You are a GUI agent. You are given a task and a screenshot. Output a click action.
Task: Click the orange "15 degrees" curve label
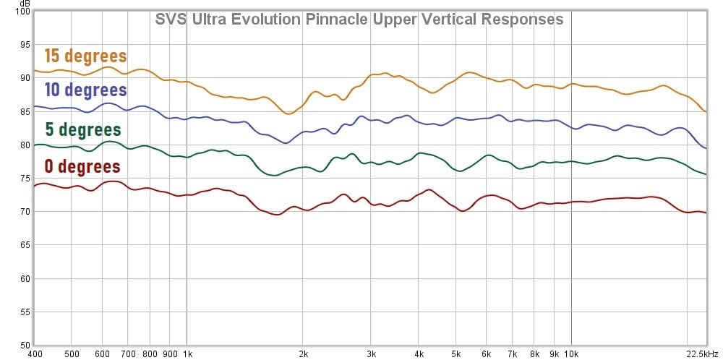pyautogui.click(x=85, y=56)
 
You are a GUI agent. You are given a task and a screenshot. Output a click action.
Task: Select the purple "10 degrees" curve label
pyautogui.click(x=85, y=90)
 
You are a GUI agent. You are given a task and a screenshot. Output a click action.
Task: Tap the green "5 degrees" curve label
pyautogui.click(x=82, y=130)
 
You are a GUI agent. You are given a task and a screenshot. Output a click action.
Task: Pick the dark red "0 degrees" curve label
pyautogui.click(x=82, y=167)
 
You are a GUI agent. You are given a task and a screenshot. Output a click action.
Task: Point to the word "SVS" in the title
pyautogui.click(x=171, y=20)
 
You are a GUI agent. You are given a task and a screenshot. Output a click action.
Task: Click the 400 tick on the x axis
pyautogui.click(x=34, y=354)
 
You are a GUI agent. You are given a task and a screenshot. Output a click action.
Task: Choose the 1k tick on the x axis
pyautogui.click(x=187, y=354)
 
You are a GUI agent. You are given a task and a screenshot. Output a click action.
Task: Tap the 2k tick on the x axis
pyautogui.click(x=304, y=354)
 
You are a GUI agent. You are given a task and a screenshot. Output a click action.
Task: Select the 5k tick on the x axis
pyautogui.click(x=456, y=354)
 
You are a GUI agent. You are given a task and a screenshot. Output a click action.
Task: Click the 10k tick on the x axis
pyautogui.click(x=571, y=354)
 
